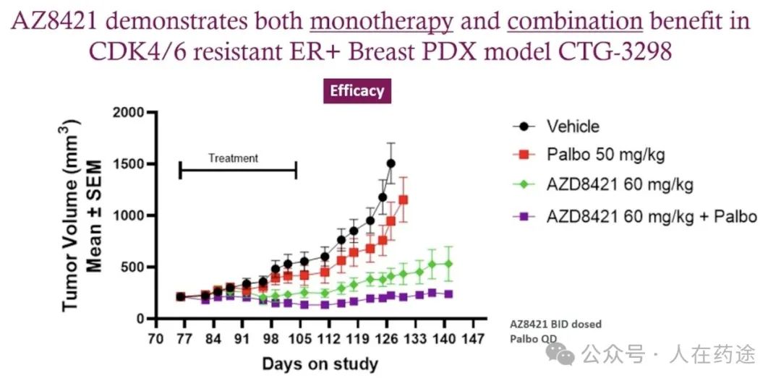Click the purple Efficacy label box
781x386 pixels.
[x=357, y=91]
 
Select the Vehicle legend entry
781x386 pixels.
[x=573, y=126]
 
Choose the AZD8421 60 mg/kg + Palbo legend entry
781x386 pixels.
[x=652, y=215]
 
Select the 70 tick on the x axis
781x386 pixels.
[x=153, y=339]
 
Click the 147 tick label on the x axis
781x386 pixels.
[x=474, y=339]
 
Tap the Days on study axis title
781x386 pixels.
[x=320, y=363]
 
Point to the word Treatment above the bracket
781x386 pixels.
[x=233, y=158]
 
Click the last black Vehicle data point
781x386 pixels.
[x=390, y=163]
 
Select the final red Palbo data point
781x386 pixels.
[x=403, y=200]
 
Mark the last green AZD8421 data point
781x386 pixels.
[x=448, y=264]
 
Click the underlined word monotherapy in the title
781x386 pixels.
[x=381, y=21]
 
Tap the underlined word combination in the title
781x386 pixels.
[x=575, y=21]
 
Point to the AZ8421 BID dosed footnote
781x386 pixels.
[x=555, y=324]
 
